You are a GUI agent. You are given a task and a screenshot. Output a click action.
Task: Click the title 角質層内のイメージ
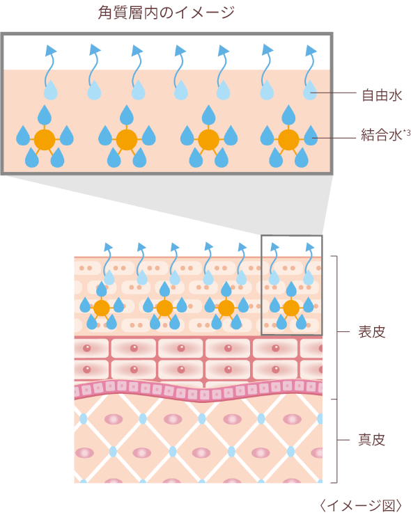click(166, 13)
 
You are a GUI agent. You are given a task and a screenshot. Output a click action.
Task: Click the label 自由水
click(382, 95)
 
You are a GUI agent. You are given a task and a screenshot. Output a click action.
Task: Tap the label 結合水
click(382, 135)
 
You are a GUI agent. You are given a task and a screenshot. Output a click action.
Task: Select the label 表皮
click(371, 332)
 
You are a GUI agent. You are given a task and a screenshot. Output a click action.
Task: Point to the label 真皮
click(371, 439)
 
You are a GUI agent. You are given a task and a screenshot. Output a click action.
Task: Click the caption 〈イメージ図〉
click(361, 505)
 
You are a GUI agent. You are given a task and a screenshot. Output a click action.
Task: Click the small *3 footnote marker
click(407, 133)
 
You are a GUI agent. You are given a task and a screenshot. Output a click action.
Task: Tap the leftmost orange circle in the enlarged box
click(45, 140)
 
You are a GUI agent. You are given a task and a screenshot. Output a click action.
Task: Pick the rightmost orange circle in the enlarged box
click(288, 140)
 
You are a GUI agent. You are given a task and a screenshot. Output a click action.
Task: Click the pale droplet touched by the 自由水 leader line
click(310, 90)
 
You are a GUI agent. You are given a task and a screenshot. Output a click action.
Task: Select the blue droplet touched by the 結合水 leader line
click(311, 136)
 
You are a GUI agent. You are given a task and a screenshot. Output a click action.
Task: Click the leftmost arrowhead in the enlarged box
click(51, 50)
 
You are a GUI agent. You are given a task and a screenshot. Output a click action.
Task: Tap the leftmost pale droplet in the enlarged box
click(51, 90)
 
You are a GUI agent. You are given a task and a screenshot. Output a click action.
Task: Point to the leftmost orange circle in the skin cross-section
click(101, 308)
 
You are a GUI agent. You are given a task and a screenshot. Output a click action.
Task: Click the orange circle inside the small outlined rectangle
click(291, 308)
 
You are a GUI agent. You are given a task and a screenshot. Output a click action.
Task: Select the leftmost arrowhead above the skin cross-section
click(108, 247)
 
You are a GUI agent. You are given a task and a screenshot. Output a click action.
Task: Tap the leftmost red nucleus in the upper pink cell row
click(87, 348)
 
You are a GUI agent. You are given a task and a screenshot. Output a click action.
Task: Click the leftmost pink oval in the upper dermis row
click(114, 420)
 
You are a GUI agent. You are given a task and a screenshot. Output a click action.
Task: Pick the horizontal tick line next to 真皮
click(343, 440)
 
